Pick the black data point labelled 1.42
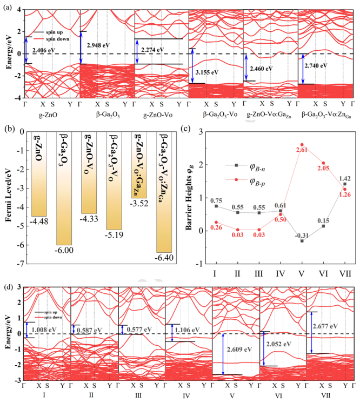point(344,184)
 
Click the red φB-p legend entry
point(254,180)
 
